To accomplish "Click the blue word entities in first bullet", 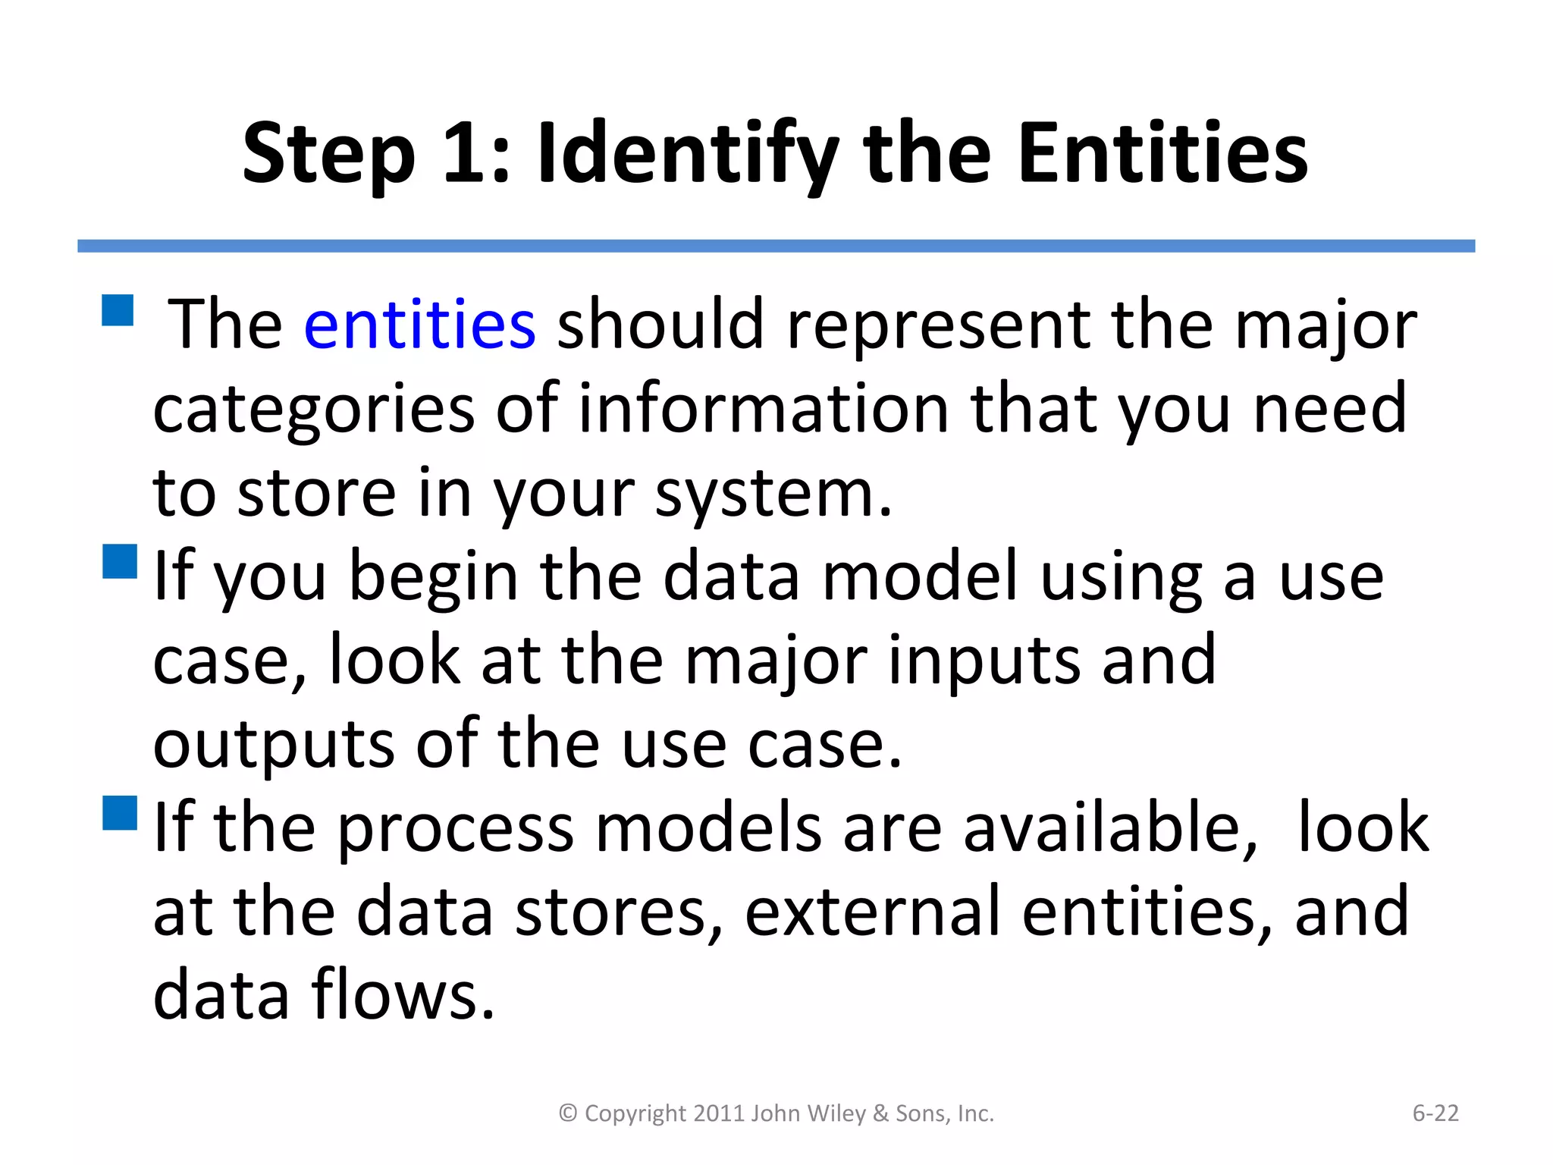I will pos(419,325).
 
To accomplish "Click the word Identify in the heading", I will pos(687,155).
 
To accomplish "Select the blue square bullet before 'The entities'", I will pos(118,310).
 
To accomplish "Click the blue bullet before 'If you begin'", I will pos(120,561).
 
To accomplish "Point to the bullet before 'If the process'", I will pos(120,812).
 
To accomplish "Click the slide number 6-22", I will pos(1435,1113).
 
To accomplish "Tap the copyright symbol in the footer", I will pos(568,1113).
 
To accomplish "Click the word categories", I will pos(313,410).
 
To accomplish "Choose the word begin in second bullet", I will pos(434,578).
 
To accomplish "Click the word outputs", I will pos(274,746).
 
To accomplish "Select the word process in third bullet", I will pos(455,829).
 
